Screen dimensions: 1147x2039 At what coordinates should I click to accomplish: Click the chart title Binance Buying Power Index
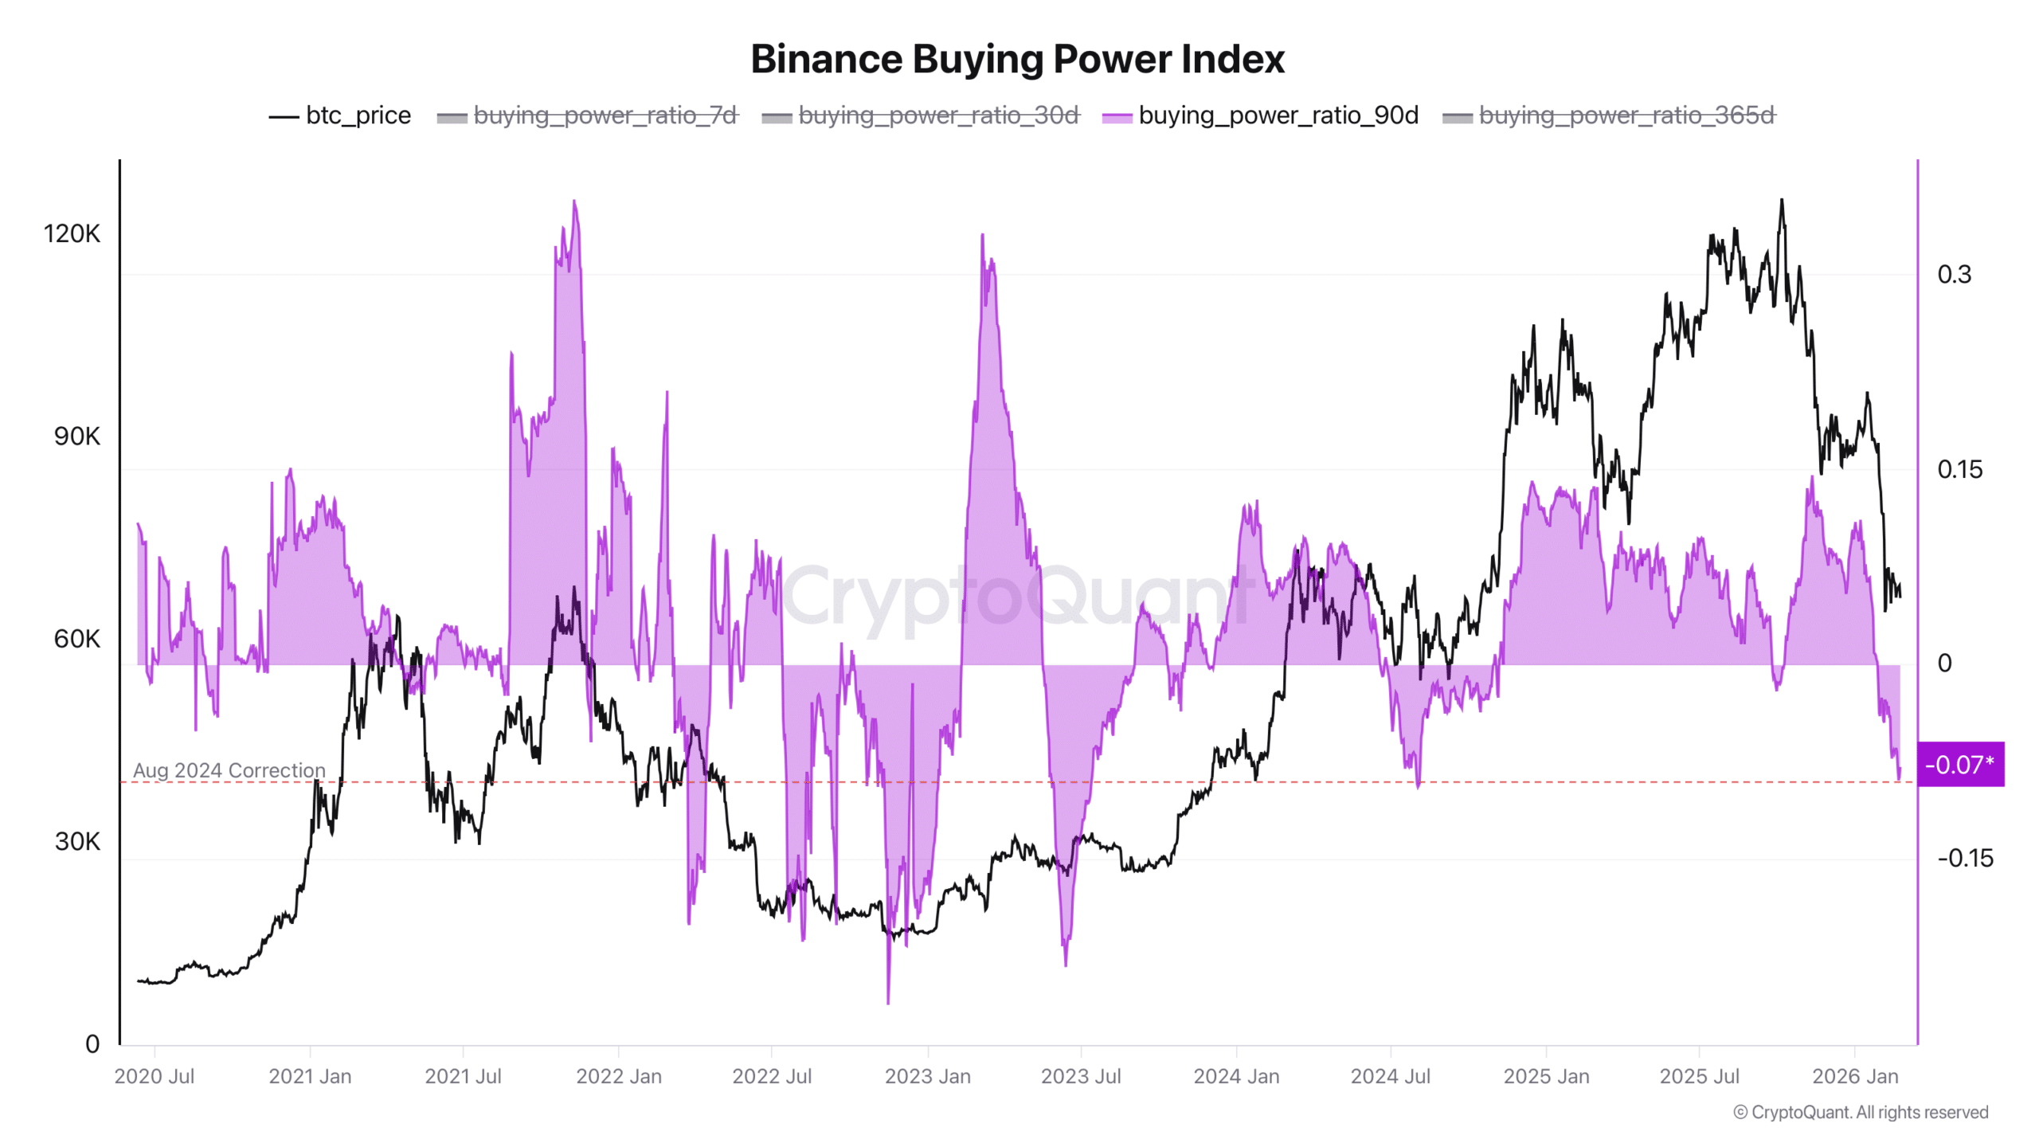coord(1017,59)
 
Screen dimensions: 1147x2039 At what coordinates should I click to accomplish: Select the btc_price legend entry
coord(340,115)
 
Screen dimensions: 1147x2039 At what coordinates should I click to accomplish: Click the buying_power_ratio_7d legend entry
coord(588,115)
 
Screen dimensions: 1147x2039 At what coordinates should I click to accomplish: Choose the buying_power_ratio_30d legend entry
coord(921,115)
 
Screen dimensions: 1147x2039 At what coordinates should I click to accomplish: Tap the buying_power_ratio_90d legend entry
coord(1261,115)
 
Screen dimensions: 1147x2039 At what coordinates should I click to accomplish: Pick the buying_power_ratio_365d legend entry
coord(1609,115)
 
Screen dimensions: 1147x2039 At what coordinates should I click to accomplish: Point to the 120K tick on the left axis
coord(72,233)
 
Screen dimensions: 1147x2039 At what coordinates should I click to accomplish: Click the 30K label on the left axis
coord(77,841)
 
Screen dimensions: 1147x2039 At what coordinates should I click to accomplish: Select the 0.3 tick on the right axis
coord(1954,274)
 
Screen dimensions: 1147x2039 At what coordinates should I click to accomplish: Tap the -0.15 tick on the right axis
coord(1965,858)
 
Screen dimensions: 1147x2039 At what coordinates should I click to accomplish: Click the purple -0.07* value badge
coord(1959,765)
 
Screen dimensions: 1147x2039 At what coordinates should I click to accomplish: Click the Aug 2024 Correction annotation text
coord(229,770)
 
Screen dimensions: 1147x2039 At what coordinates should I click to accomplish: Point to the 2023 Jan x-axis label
coord(927,1076)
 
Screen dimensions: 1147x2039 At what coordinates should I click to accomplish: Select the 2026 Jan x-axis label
coord(1855,1076)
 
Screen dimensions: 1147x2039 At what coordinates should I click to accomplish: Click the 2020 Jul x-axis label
coord(154,1076)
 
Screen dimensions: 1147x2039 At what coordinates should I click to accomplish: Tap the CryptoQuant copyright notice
coord(1861,1112)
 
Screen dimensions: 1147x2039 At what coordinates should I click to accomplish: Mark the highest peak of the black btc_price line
coord(1782,202)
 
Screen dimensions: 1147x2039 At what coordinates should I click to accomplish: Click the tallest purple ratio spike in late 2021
coord(574,202)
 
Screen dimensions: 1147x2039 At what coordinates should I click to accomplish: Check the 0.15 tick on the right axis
coord(1959,469)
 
